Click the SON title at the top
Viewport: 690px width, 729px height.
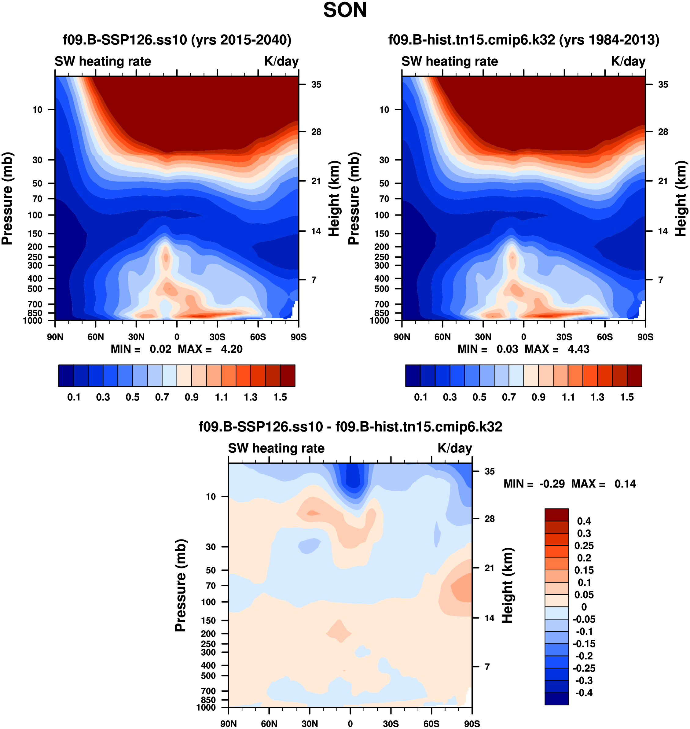(345, 10)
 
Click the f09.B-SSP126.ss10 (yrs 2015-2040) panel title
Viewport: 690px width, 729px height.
(177, 40)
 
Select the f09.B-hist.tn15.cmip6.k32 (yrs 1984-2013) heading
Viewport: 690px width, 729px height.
(524, 40)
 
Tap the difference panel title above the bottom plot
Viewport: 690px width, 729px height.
(350, 427)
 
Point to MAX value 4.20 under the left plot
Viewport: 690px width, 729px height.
(231, 349)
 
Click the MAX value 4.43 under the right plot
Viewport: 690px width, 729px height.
(578, 349)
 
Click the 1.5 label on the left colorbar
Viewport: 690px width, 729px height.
(280, 397)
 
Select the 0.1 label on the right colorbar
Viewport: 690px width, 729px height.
(420, 397)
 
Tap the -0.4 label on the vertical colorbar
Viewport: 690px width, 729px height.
(584, 693)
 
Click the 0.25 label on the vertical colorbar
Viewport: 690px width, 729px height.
(584, 546)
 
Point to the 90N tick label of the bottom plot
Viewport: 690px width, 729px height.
(228, 724)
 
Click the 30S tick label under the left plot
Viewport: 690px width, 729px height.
(217, 337)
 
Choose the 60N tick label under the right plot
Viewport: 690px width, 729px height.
(442, 337)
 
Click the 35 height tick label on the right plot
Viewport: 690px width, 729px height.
(663, 85)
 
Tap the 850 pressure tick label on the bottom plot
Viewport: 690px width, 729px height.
(208, 700)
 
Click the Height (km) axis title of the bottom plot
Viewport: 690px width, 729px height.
(507, 585)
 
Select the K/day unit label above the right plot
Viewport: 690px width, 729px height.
(628, 61)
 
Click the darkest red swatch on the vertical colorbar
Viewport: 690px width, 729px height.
(556, 515)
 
